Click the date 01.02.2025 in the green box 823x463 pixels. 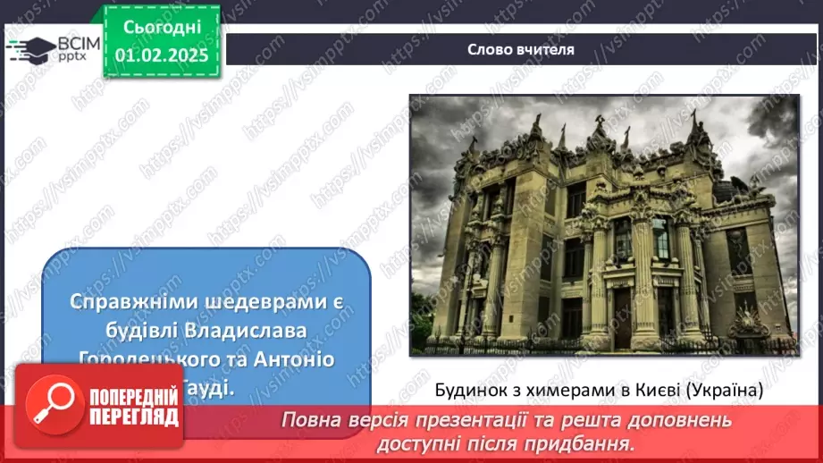pyautogui.click(x=162, y=55)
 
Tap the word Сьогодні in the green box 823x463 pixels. pyautogui.click(x=162, y=28)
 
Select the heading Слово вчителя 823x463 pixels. pyautogui.click(x=520, y=49)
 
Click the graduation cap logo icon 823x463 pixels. pyautogui.click(x=29, y=48)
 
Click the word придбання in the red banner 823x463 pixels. pyautogui.click(x=594, y=442)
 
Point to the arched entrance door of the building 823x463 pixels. pyautogui.click(x=623, y=316)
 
